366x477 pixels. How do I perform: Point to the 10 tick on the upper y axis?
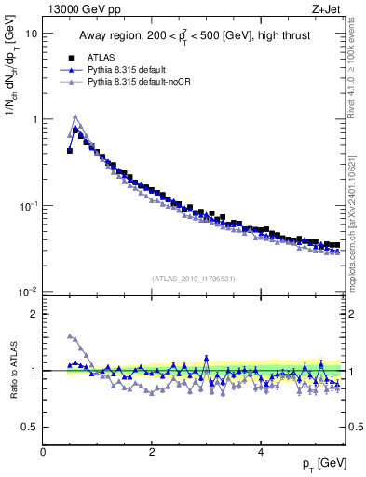pos(31,34)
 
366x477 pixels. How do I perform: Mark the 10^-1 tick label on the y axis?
pos(28,206)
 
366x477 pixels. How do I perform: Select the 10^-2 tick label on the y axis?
pos(28,293)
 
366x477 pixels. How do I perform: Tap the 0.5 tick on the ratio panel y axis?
pos(30,427)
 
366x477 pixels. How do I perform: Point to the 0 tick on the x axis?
pos(43,452)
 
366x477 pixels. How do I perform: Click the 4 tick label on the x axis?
pos(260,452)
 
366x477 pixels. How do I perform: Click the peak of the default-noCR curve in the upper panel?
pos(75,116)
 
